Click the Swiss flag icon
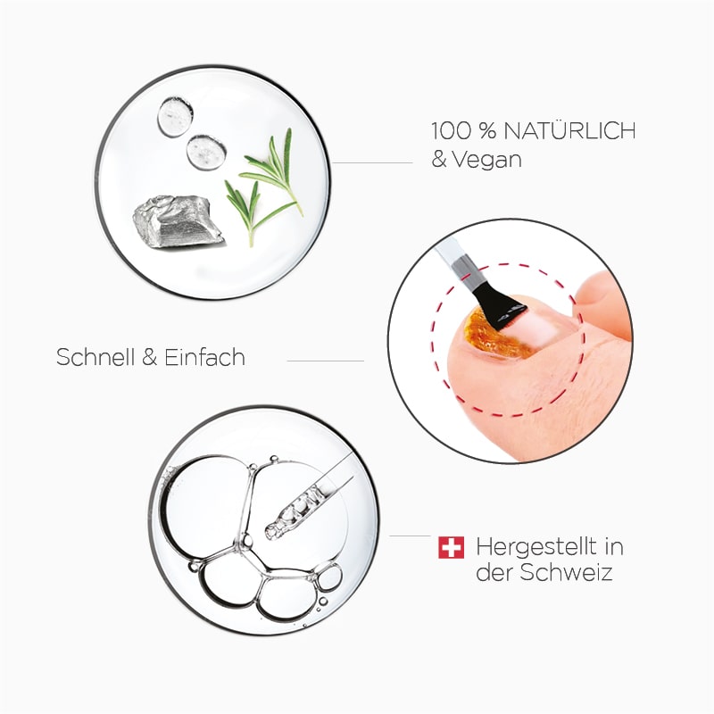tap(451, 547)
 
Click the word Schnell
tap(93, 358)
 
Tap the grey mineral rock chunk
tap(177, 222)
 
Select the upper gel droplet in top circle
tap(175, 115)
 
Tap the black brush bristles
tap(498, 303)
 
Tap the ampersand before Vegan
tap(440, 161)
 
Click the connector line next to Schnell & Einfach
tap(325, 361)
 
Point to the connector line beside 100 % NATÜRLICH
tap(375, 163)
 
